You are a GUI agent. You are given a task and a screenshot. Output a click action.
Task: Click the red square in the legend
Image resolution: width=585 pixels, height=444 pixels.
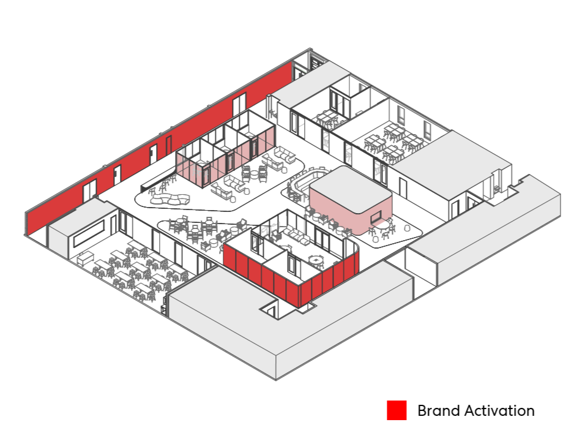pyautogui.click(x=397, y=410)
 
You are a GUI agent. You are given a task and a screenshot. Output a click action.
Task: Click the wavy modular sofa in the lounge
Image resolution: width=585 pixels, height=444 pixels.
pyautogui.click(x=170, y=200)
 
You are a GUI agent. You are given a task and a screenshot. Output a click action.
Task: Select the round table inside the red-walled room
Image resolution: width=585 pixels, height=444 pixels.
pyautogui.click(x=316, y=260)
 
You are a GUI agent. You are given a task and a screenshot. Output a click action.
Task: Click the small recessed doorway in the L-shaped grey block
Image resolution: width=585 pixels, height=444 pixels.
pyautogui.click(x=269, y=310)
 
